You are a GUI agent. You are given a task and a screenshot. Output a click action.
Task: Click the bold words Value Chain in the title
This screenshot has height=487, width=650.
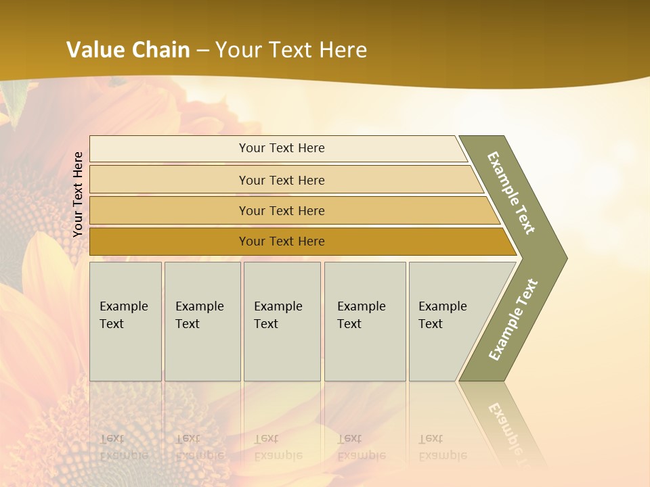128,50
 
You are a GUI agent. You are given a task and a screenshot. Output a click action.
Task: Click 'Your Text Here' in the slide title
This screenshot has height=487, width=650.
291,50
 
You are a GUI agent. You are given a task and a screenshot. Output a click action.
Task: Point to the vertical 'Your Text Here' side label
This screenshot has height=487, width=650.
79,195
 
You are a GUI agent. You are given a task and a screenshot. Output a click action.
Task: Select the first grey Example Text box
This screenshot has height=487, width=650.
125,321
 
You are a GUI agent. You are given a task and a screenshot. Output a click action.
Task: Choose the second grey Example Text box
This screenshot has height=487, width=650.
202,321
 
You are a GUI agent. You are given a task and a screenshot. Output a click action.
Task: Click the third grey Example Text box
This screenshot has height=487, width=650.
282,321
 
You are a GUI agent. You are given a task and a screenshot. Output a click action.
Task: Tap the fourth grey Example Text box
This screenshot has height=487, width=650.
365,321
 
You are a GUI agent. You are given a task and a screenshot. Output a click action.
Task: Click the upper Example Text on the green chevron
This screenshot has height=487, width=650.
511,193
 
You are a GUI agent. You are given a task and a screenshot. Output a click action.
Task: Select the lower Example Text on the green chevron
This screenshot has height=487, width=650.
513,320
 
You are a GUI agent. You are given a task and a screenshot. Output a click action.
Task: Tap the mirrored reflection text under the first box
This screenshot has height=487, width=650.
123,447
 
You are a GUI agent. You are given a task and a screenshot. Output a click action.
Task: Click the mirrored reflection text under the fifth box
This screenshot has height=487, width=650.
442,447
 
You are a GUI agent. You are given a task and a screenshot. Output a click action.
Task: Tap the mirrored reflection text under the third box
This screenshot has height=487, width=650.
278,447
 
